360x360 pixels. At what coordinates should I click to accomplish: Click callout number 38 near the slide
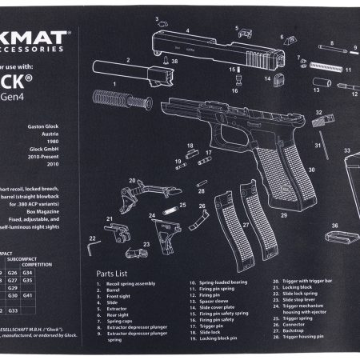[174, 60]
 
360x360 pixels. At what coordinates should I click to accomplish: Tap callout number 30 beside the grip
[311, 169]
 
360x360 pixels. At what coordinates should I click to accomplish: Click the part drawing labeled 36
[337, 237]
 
